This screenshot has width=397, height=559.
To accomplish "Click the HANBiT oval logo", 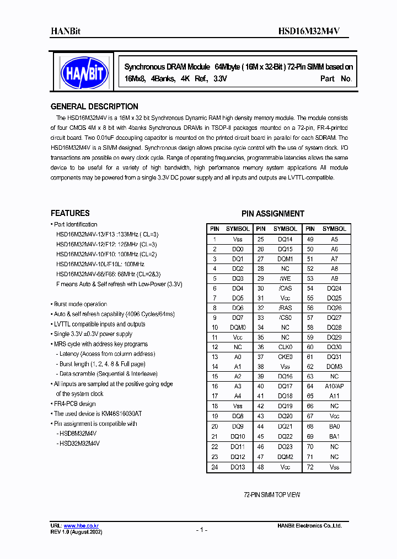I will click(84, 71).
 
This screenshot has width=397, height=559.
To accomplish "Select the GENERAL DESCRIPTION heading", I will click(94, 107).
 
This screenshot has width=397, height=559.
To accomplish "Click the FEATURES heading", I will click(70, 213).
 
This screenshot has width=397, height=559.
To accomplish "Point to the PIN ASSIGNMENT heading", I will click(272, 213).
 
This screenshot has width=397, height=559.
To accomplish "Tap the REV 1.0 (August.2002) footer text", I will click(76, 531).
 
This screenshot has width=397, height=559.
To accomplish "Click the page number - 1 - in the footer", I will click(201, 530).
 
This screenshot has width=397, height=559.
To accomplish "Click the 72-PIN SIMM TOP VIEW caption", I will click(272, 495).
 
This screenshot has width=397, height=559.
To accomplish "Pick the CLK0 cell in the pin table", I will click(285, 347).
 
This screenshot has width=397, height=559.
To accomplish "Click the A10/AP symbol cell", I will click(334, 386).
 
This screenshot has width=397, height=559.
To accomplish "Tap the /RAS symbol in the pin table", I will click(285, 307).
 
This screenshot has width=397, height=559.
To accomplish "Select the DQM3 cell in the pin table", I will click(334, 366).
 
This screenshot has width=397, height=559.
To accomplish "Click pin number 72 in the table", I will click(310, 467).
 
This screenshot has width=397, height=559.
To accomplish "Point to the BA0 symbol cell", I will click(334, 426).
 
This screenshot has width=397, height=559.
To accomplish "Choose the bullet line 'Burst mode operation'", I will click(80, 304).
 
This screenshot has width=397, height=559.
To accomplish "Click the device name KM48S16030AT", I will click(119, 414).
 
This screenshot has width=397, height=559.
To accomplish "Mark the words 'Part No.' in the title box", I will click(336, 79).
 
